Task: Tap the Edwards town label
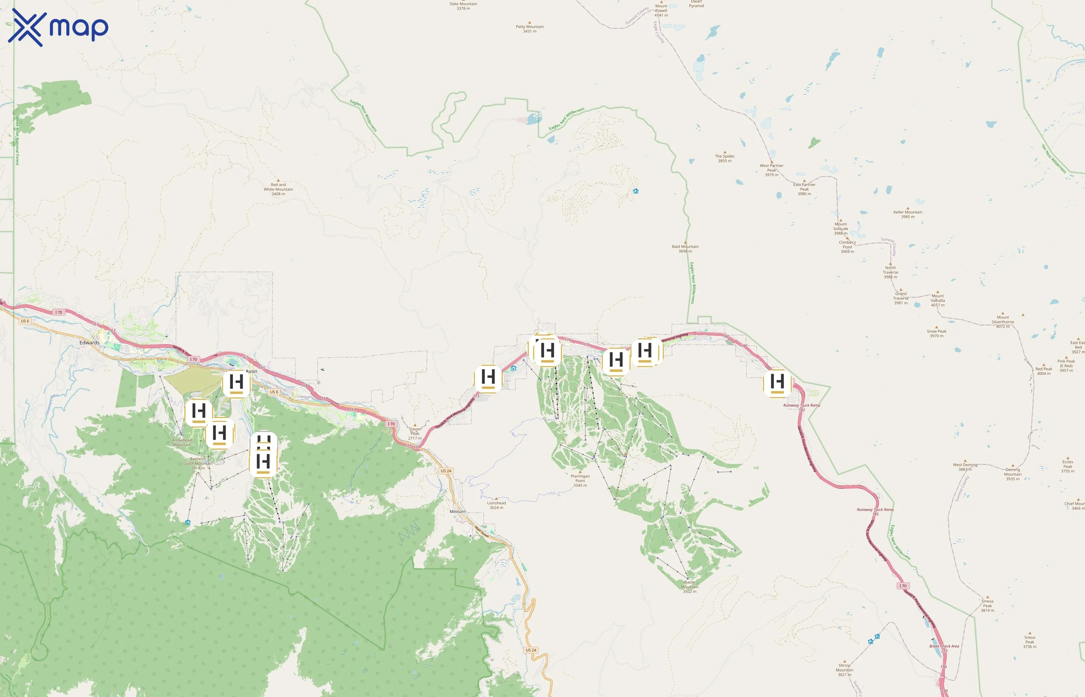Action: tap(89, 343)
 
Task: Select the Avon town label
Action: tap(251, 371)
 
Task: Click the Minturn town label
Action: tap(457, 512)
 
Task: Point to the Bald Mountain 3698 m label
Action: tap(685, 249)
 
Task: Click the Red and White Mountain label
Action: tap(278, 189)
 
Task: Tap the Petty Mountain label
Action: tap(529, 29)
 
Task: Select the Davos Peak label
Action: tap(415, 433)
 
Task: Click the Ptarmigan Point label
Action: tap(580, 480)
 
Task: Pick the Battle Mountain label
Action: tap(689, 587)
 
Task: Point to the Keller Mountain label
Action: tap(908, 214)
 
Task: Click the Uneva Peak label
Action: tap(987, 606)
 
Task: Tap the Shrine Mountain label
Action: tap(844, 670)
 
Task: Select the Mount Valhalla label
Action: tap(937, 300)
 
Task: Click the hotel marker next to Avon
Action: tap(236, 383)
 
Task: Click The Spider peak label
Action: tap(725, 158)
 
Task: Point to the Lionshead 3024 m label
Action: tap(496, 505)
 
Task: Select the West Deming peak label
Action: tap(964, 467)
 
